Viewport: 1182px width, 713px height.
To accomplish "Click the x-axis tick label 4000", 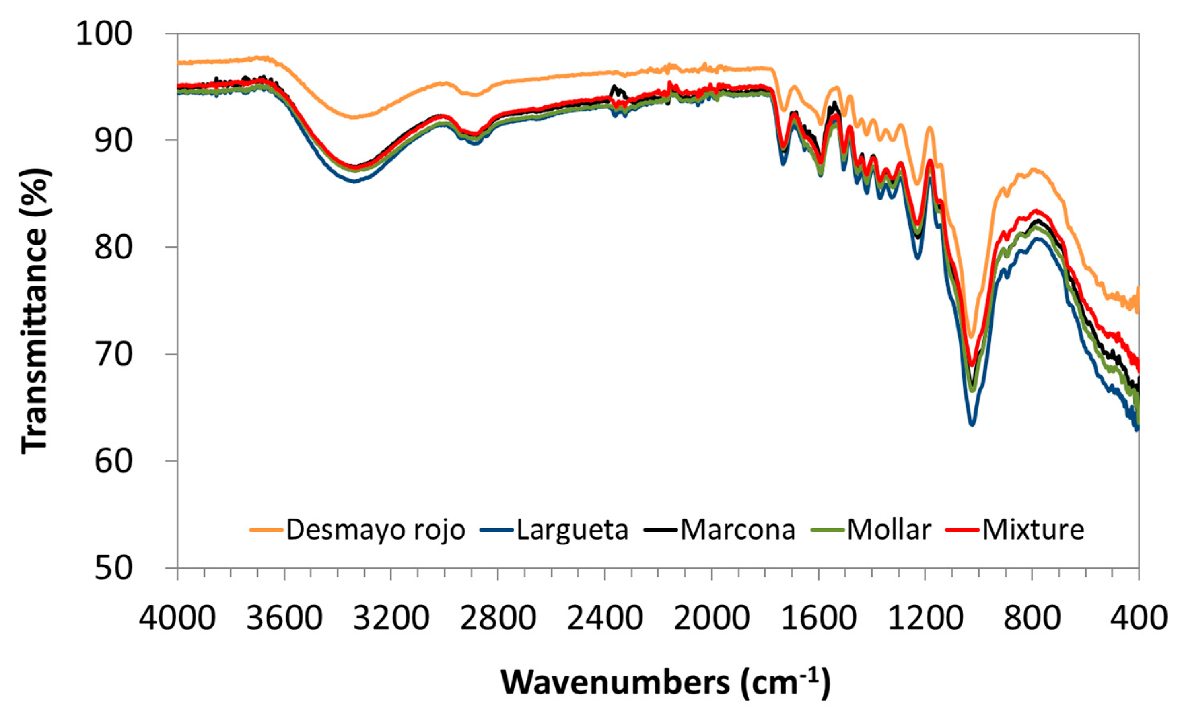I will coord(177,618).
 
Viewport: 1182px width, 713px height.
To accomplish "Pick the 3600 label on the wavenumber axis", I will coord(284,618).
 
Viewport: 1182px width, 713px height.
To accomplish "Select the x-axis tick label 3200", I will coord(391,618).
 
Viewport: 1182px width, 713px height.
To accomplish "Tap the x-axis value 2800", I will coord(498,618).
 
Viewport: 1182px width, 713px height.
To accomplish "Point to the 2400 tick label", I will coord(604,618).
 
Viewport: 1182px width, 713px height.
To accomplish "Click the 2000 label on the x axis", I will coord(711,618).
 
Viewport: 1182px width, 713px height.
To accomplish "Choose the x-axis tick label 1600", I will coord(818,618).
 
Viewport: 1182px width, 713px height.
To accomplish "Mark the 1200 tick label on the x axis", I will coord(925,618).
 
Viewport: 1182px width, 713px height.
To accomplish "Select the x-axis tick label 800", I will coord(1032,618).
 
